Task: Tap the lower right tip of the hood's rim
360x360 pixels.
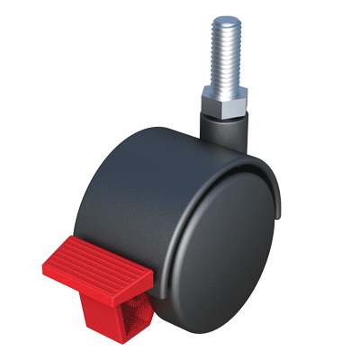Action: pyautogui.click(x=286, y=216)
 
